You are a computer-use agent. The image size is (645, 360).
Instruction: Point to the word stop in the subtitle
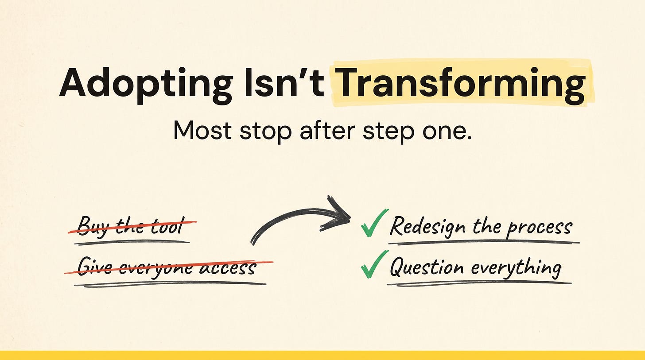pyautogui.click(x=265, y=133)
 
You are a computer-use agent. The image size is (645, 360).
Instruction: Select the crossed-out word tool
pyautogui.click(x=171, y=226)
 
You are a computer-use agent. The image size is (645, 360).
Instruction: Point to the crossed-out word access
pyautogui.click(x=228, y=267)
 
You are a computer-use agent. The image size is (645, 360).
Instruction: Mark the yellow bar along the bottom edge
pyautogui.click(x=322, y=355)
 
